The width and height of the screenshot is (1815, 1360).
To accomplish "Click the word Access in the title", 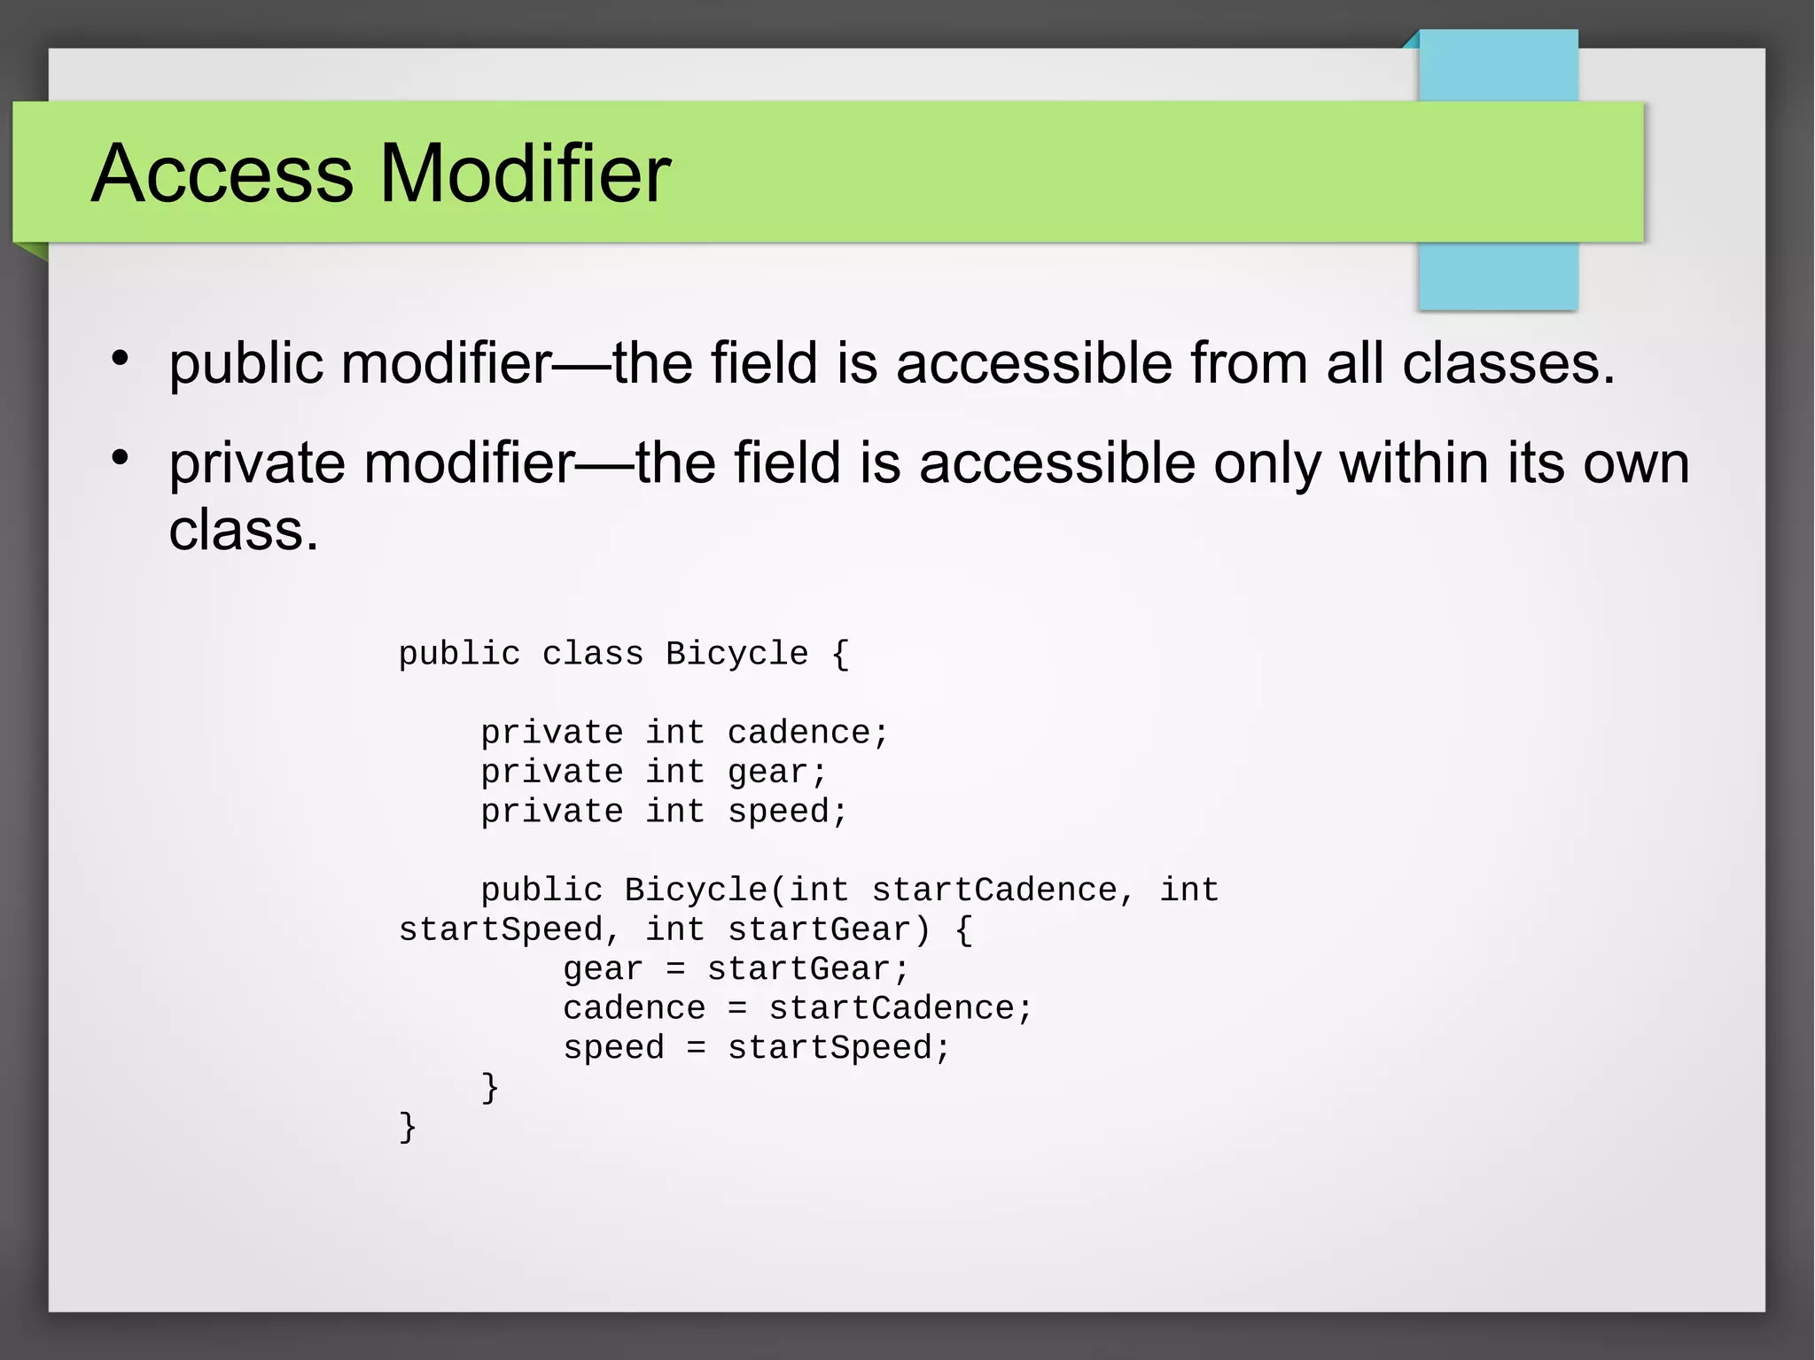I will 222,174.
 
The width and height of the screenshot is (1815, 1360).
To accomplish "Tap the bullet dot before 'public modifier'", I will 121,359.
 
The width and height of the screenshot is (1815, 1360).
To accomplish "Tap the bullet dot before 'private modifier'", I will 121,458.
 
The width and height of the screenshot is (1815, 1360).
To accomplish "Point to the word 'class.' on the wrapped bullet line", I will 244,531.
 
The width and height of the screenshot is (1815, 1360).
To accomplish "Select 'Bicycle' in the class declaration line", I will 736,654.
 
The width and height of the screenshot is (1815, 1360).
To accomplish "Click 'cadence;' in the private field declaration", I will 807,733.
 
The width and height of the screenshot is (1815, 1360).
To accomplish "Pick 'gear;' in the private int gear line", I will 777,773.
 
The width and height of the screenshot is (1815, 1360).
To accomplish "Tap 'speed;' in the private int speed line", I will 788,812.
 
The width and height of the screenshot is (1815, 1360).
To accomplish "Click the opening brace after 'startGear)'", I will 964,929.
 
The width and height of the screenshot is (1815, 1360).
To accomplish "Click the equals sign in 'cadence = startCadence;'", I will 737,1008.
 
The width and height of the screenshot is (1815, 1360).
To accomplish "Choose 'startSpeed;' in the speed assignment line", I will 839,1048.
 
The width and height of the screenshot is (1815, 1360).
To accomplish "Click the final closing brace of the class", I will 408,1127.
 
